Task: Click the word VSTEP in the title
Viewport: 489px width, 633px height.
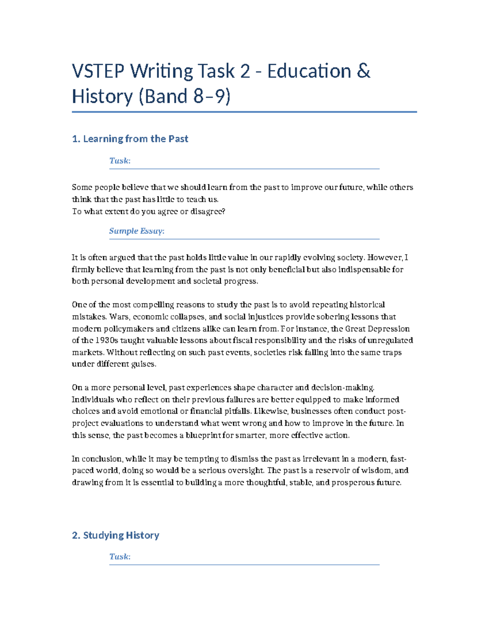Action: (x=98, y=71)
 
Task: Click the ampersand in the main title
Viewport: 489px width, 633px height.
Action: (x=363, y=71)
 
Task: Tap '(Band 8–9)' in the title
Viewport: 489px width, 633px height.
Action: (x=185, y=97)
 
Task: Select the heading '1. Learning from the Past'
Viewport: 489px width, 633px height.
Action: (x=130, y=139)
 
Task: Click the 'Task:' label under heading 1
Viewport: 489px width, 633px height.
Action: (x=120, y=161)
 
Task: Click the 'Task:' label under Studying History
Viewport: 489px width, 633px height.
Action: (x=120, y=557)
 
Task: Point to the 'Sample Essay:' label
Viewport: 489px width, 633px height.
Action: (x=137, y=231)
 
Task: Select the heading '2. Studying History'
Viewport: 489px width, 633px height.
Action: (x=115, y=535)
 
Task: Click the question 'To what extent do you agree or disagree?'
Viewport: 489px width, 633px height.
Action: (x=148, y=212)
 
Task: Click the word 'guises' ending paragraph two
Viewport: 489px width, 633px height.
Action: (x=143, y=364)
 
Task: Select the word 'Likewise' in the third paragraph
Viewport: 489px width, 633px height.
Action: (x=270, y=411)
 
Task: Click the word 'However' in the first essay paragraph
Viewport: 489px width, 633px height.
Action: (x=385, y=258)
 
